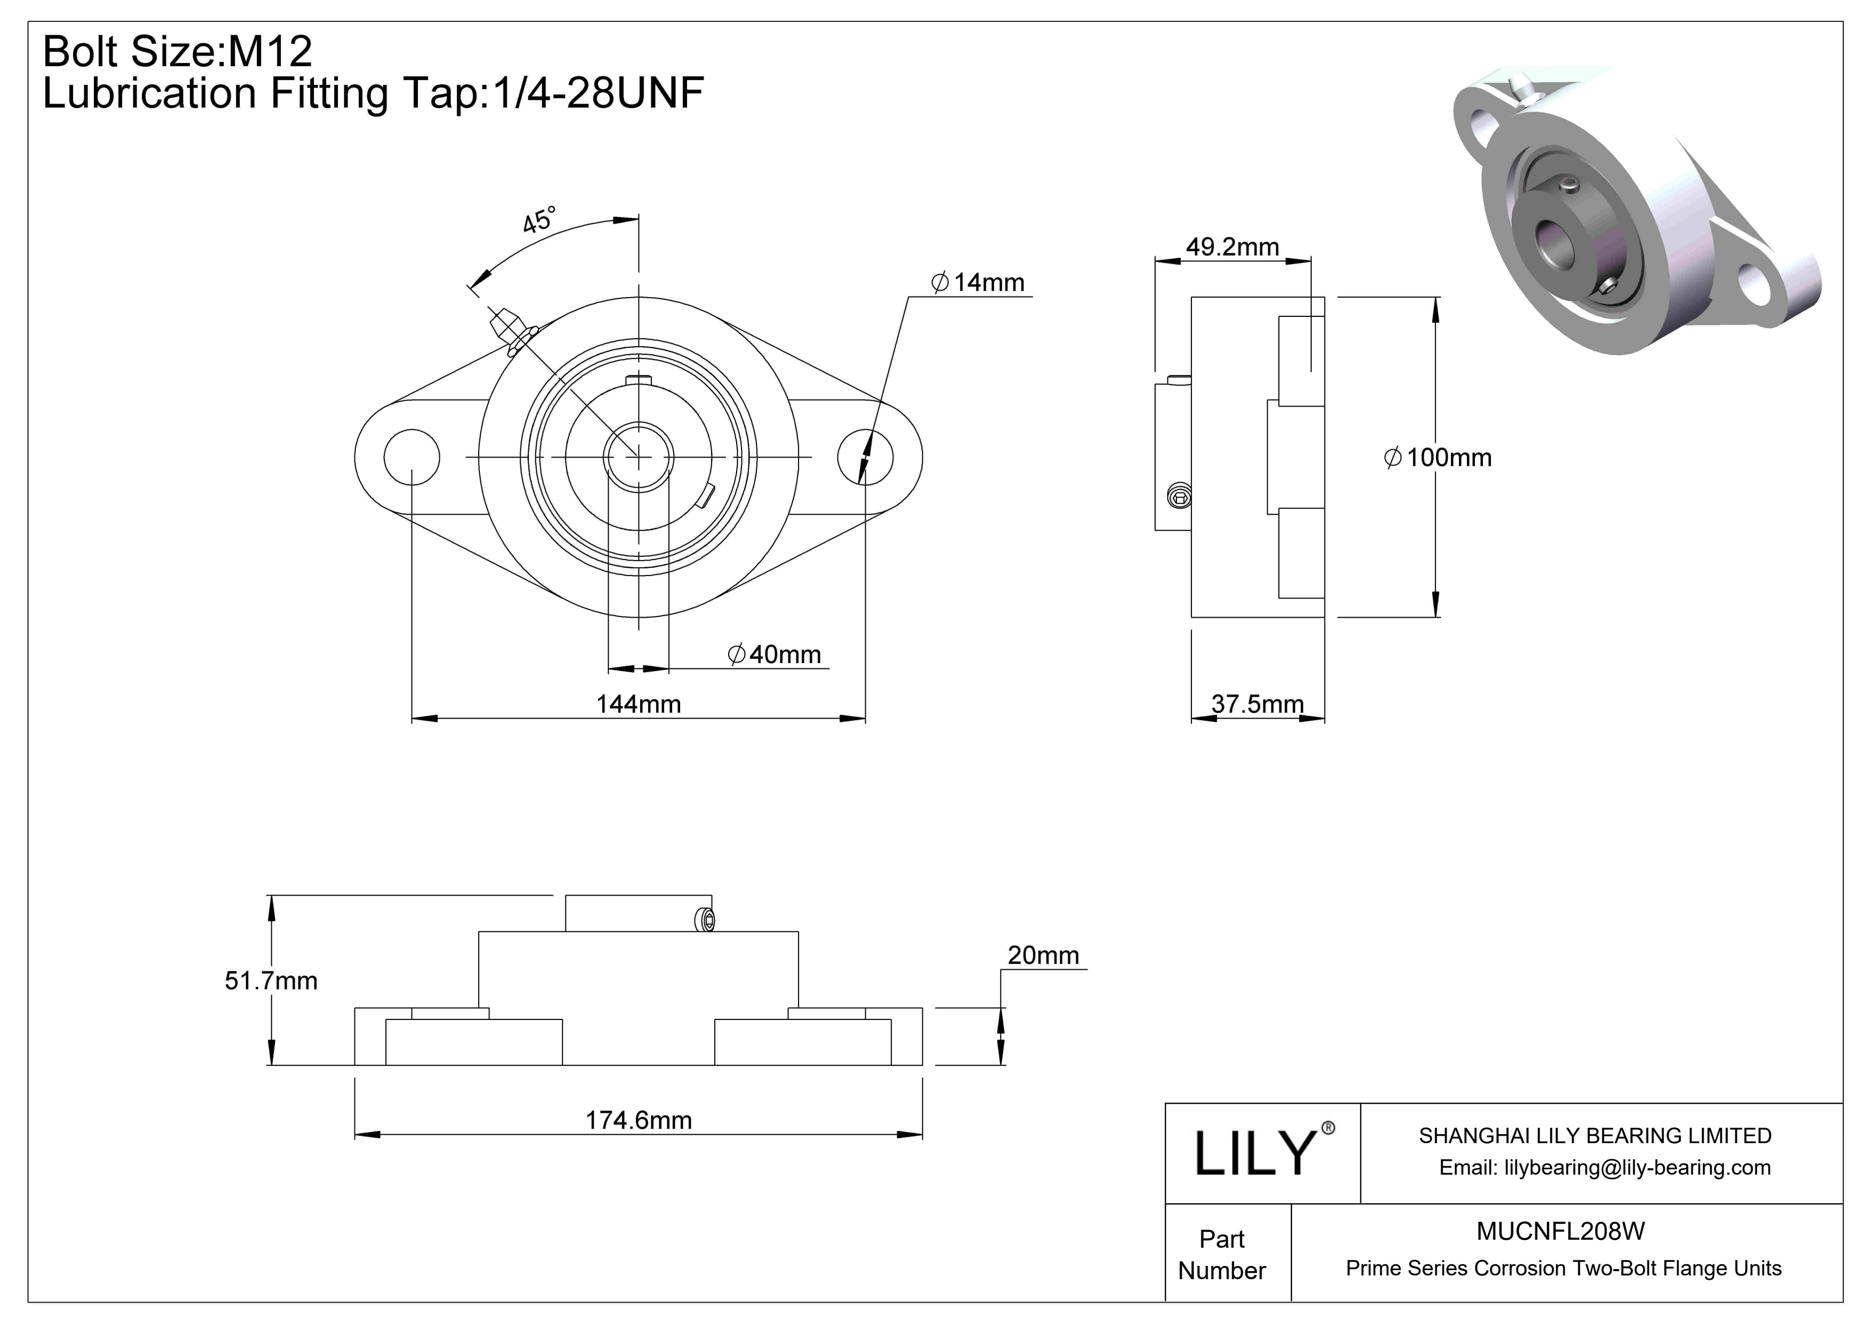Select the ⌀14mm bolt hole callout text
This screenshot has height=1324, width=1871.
point(977,283)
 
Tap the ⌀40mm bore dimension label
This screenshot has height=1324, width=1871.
point(774,655)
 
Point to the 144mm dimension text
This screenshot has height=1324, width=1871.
point(638,704)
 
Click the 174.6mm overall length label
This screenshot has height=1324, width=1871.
point(638,1120)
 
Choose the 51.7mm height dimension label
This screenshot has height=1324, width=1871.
point(271,981)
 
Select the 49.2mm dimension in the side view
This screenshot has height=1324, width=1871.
point(1231,247)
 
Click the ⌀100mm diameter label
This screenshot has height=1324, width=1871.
point(1438,457)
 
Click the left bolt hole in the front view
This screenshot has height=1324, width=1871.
point(412,457)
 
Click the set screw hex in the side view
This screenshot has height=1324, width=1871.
point(1179,495)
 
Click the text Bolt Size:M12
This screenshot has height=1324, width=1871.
point(177,51)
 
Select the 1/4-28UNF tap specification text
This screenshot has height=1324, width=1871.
point(595,93)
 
